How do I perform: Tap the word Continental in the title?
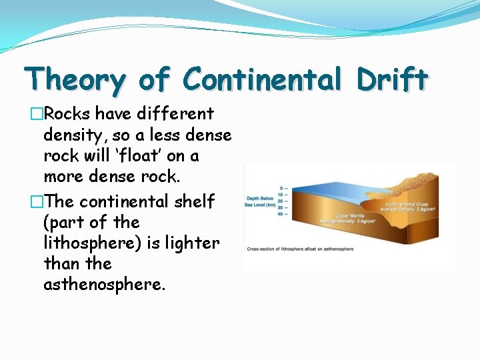tap(271, 79)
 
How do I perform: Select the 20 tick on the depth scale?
tap(282, 201)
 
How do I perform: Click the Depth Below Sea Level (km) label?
tap(261, 201)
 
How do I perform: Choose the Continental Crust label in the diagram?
tap(405, 204)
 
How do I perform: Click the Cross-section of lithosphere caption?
tap(300, 249)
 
